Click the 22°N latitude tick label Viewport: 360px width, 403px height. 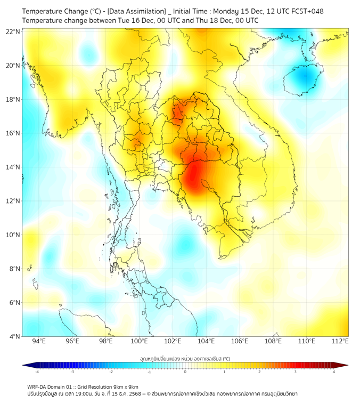(13, 31)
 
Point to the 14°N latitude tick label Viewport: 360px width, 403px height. (13, 167)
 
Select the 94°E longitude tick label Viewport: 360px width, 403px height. (39, 341)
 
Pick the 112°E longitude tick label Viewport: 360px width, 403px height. (340, 341)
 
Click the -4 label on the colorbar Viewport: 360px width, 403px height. (37, 372)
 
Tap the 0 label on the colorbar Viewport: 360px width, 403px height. (185, 372)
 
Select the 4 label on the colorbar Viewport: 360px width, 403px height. (334, 372)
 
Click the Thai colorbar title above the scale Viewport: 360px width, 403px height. (185, 358)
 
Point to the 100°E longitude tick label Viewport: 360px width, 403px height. (139, 341)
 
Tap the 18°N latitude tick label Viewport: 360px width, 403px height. (13, 100)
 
